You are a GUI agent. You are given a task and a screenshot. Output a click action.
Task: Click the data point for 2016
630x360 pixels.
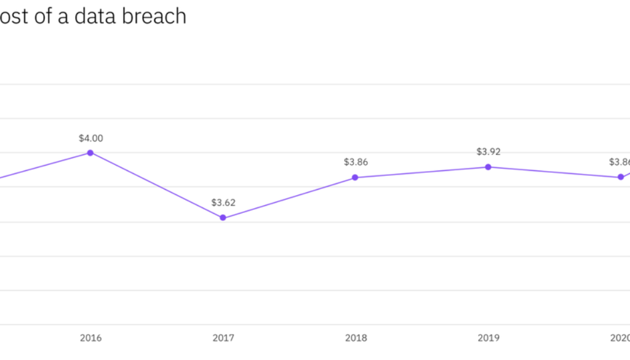point(91,152)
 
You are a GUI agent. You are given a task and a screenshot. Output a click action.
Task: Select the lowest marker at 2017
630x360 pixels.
point(223,218)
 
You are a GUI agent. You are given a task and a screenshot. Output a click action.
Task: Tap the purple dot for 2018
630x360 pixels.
point(355,177)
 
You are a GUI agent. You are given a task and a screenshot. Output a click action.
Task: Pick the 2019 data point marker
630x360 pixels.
point(488,167)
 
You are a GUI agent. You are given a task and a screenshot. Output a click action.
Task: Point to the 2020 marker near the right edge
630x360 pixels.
point(621,177)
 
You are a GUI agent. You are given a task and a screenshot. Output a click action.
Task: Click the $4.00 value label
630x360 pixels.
point(91,138)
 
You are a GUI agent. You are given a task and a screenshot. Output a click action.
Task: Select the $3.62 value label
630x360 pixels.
point(223,203)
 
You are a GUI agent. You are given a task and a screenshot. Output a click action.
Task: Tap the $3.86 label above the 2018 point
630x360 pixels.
point(355,162)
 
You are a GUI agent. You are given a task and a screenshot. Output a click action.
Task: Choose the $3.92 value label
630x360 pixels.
point(488,152)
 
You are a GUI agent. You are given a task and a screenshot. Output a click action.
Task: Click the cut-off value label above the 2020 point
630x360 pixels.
point(619,162)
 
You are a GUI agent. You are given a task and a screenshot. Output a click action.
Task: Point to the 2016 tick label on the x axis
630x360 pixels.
point(91,338)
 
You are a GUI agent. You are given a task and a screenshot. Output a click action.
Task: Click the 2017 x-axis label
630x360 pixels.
point(223,338)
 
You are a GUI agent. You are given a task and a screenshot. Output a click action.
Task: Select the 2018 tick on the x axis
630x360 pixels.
point(355,338)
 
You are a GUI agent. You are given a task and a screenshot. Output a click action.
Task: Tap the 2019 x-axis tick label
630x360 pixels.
point(488,338)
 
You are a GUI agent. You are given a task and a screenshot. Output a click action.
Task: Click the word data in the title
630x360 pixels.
point(95,16)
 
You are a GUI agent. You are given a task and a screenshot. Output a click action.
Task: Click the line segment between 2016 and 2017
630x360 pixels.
point(157,185)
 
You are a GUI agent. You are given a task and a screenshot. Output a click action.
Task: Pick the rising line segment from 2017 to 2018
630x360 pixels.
point(289,197)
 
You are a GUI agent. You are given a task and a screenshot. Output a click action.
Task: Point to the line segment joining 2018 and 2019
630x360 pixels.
point(421,172)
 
